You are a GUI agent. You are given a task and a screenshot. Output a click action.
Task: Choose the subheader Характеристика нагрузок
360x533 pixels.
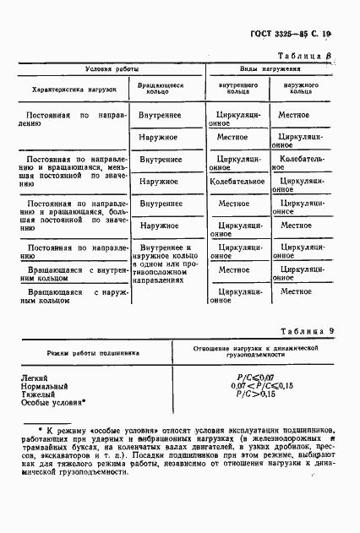(73, 87)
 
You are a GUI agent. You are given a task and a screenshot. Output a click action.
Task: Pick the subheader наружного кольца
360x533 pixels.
(301, 87)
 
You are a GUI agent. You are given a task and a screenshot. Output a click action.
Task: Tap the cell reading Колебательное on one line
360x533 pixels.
(241, 181)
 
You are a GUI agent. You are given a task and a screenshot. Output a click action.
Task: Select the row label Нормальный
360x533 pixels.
(46, 386)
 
